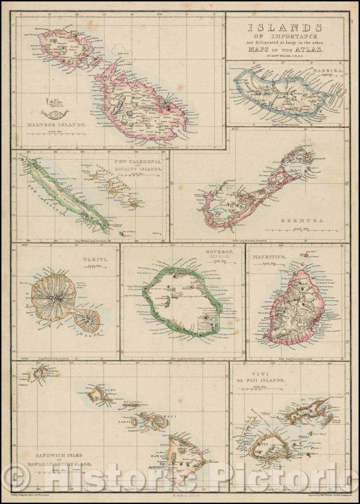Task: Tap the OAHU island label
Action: tap(112, 390)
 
